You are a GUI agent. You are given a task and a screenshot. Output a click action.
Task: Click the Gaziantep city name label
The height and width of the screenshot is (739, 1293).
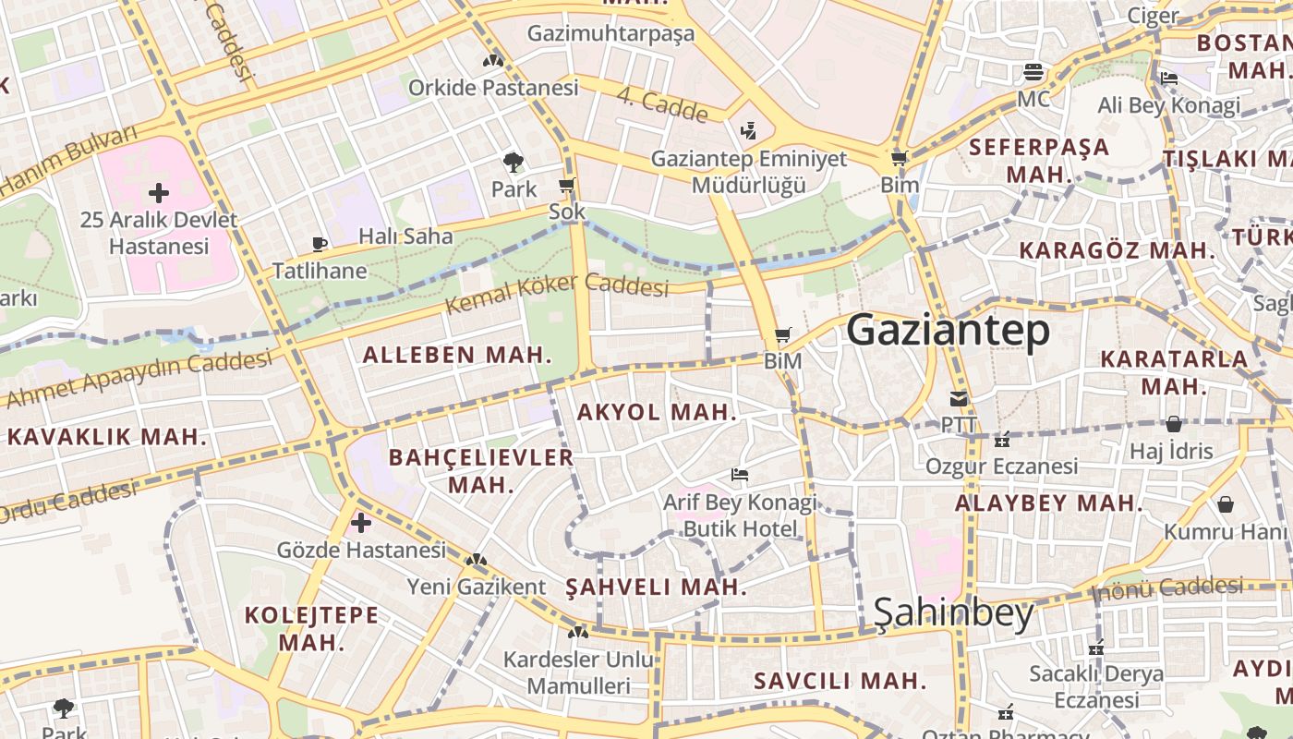948,331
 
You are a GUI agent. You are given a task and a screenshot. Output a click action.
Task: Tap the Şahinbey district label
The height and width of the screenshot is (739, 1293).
953,613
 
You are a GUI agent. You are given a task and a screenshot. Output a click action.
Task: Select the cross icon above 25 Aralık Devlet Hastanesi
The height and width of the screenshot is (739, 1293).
159,193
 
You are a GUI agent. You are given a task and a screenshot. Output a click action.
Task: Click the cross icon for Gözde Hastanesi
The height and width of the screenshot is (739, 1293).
361,524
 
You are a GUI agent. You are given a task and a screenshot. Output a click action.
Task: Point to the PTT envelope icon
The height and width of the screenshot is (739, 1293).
959,400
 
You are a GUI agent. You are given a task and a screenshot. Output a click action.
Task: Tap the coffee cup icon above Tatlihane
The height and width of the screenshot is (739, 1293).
320,245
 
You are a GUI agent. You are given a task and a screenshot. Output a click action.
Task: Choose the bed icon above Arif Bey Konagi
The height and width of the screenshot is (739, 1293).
739,476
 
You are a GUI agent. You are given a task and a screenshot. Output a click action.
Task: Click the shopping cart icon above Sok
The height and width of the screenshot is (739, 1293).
567,186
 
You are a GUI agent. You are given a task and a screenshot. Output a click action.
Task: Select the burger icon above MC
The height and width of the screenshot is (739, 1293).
1033,72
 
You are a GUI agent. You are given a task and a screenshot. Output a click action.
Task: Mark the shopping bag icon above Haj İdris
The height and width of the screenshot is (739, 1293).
1173,424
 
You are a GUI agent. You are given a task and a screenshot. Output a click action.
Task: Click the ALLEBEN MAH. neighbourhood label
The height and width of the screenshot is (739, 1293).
457,355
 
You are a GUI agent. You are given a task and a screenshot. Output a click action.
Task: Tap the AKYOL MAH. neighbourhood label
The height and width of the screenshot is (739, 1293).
657,413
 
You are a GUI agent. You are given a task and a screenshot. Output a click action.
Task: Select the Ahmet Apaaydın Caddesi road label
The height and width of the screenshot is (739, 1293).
139,379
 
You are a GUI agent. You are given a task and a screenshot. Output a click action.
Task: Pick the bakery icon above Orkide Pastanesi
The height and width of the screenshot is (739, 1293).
493,61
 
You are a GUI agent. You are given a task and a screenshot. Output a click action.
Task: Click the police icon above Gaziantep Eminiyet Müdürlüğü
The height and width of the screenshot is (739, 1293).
748,131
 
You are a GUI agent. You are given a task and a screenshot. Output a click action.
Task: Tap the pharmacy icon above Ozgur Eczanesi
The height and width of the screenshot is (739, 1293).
1002,440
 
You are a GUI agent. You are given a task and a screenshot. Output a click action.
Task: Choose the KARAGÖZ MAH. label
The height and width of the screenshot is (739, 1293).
1117,250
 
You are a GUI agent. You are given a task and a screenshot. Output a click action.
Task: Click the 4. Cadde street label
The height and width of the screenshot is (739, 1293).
661,105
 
